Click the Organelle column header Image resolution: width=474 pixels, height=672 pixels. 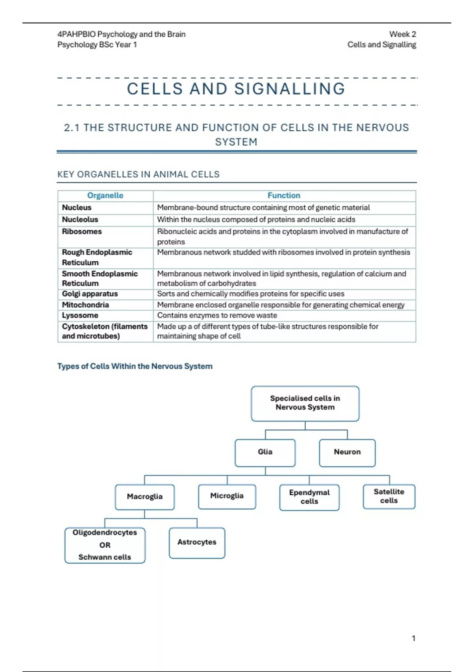click(105, 195)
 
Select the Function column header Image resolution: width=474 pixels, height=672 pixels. click(284, 195)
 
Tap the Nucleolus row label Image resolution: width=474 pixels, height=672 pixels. click(80, 219)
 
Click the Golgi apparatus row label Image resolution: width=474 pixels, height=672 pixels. click(90, 294)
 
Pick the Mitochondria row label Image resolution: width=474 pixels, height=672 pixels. click(85, 305)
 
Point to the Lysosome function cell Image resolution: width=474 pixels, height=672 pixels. click(217, 315)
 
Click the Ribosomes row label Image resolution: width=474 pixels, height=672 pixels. click(82, 231)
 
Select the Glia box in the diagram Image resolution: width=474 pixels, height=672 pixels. click(265, 452)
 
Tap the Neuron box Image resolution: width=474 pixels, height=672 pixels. click(347, 452)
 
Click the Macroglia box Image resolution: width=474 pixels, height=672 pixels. click(145, 496)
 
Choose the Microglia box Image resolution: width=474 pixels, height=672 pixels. click(227, 496)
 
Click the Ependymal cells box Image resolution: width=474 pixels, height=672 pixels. click(309, 497)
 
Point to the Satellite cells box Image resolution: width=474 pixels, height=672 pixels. click(389, 496)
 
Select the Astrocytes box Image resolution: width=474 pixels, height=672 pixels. click(197, 542)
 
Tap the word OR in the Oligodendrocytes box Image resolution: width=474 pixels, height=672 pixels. click(105, 545)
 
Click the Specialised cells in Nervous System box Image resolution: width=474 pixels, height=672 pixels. click(305, 403)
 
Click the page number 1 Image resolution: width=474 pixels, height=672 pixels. click(414, 638)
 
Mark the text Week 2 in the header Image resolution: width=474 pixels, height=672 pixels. click(403, 34)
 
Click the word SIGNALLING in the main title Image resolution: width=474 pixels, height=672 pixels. click(290, 89)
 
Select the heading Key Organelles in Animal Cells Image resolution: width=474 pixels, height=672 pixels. click(138, 174)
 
